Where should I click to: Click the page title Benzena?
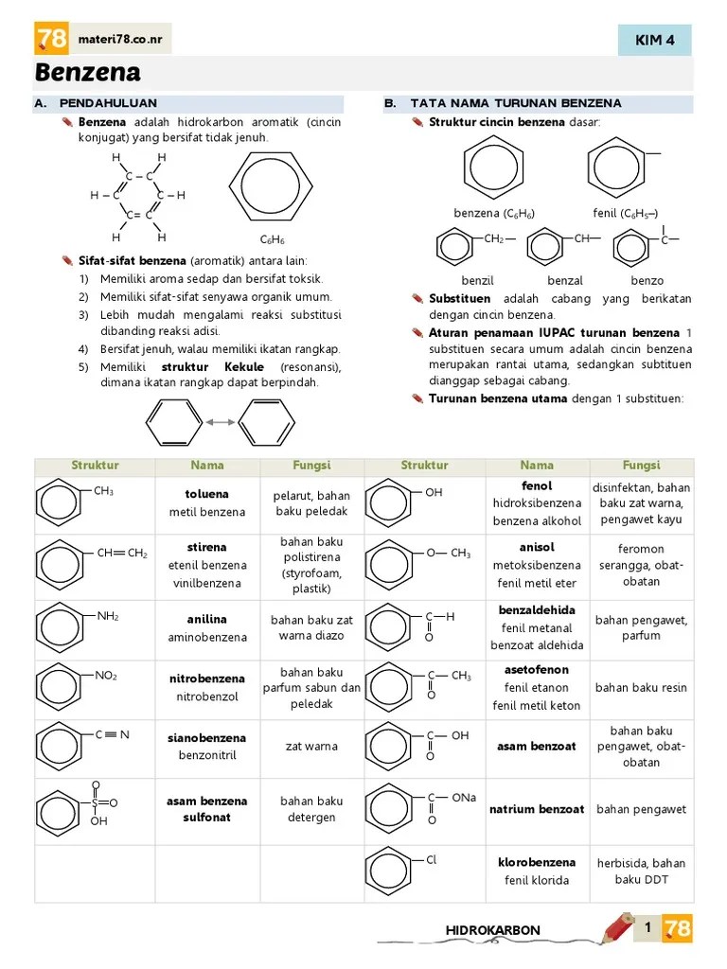coord(88,73)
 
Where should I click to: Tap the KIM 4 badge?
coord(654,40)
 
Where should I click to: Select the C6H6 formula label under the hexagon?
coord(273,240)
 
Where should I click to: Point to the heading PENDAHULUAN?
coord(108,103)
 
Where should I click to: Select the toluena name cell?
coord(206,494)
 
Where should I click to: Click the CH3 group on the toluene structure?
coord(104,491)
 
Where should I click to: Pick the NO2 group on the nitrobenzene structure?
coord(106,676)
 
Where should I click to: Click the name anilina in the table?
coord(206,620)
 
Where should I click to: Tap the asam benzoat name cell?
coord(537,747)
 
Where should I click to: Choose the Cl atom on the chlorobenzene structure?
coord(432,860)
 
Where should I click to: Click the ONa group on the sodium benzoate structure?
coord(464,798)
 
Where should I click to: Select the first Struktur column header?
coord(95,466)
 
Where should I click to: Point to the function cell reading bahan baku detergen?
coord(311,809)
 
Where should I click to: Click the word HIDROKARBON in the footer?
coord(492,930)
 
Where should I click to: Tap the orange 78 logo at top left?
coord(51,39)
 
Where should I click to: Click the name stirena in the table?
coord(206,547)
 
